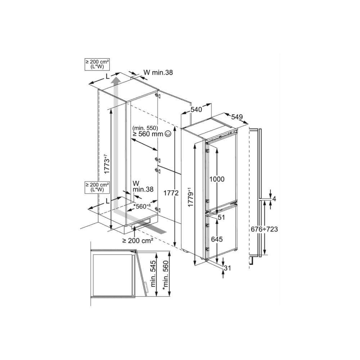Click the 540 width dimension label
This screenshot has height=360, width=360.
(196, 109)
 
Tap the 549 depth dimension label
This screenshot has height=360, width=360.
(237, 117)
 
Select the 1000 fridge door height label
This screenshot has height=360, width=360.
(217, 179)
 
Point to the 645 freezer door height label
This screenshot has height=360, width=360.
(217, 239)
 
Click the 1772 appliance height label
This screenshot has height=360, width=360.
(171, 193)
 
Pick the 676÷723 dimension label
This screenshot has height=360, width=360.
(264, 229)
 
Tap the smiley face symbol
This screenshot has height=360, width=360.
(168, 134)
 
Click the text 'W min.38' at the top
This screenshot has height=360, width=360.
(158, 73)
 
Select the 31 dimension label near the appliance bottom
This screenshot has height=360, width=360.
(227, 268)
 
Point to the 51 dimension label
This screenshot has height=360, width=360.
(221, 217)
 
